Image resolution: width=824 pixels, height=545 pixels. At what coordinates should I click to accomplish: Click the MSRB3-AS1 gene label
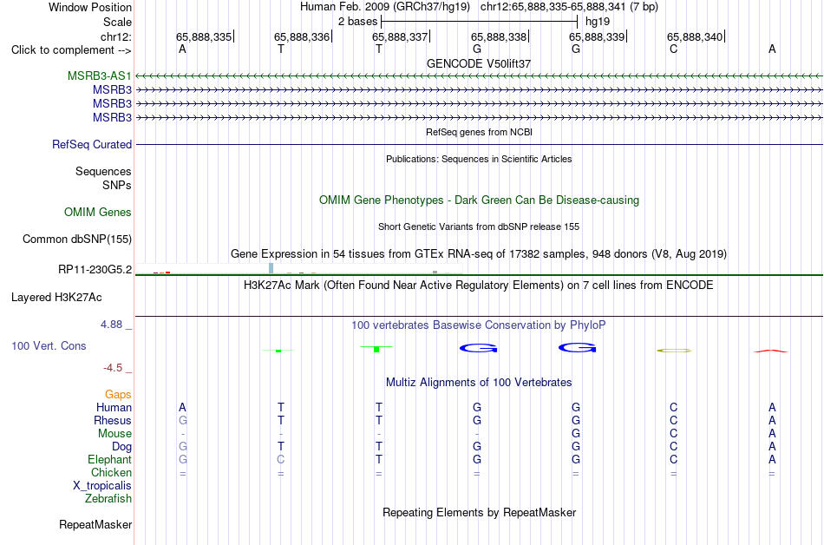[100, 76]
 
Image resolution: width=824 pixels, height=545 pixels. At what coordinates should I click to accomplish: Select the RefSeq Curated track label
[92, 145]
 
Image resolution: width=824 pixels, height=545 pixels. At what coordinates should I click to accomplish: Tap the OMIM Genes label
[98, 213]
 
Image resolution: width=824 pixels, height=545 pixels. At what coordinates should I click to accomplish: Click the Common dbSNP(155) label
[77, 240]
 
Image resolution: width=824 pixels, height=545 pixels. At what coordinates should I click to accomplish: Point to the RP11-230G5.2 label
[95, 270]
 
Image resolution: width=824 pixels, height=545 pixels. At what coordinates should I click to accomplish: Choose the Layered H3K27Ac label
[56, 298]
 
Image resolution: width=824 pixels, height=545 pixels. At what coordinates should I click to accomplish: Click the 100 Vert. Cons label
[49, 345]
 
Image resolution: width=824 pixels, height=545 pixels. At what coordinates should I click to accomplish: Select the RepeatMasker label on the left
[95, 524]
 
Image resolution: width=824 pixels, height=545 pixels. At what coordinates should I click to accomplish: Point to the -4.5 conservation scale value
[113, 368]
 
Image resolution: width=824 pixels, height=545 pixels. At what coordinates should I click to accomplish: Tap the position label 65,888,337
[400, 36]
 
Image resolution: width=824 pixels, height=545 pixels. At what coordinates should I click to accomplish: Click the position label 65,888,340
[695, 36]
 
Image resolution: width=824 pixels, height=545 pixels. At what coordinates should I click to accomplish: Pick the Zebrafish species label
[108, 499]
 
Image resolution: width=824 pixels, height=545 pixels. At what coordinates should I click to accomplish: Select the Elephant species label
[110, 460]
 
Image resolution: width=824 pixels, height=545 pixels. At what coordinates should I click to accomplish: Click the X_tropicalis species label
[102, 486]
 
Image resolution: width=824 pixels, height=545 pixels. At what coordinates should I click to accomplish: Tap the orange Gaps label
[118, 395]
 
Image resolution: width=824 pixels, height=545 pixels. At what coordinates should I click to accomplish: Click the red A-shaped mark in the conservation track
[771, 351]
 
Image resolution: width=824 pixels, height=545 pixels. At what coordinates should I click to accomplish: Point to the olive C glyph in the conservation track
[674, 351]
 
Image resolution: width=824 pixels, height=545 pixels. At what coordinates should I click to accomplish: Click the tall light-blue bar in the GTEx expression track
[271, 268]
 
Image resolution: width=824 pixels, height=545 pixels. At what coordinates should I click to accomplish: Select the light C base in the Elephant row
[281, 460]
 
